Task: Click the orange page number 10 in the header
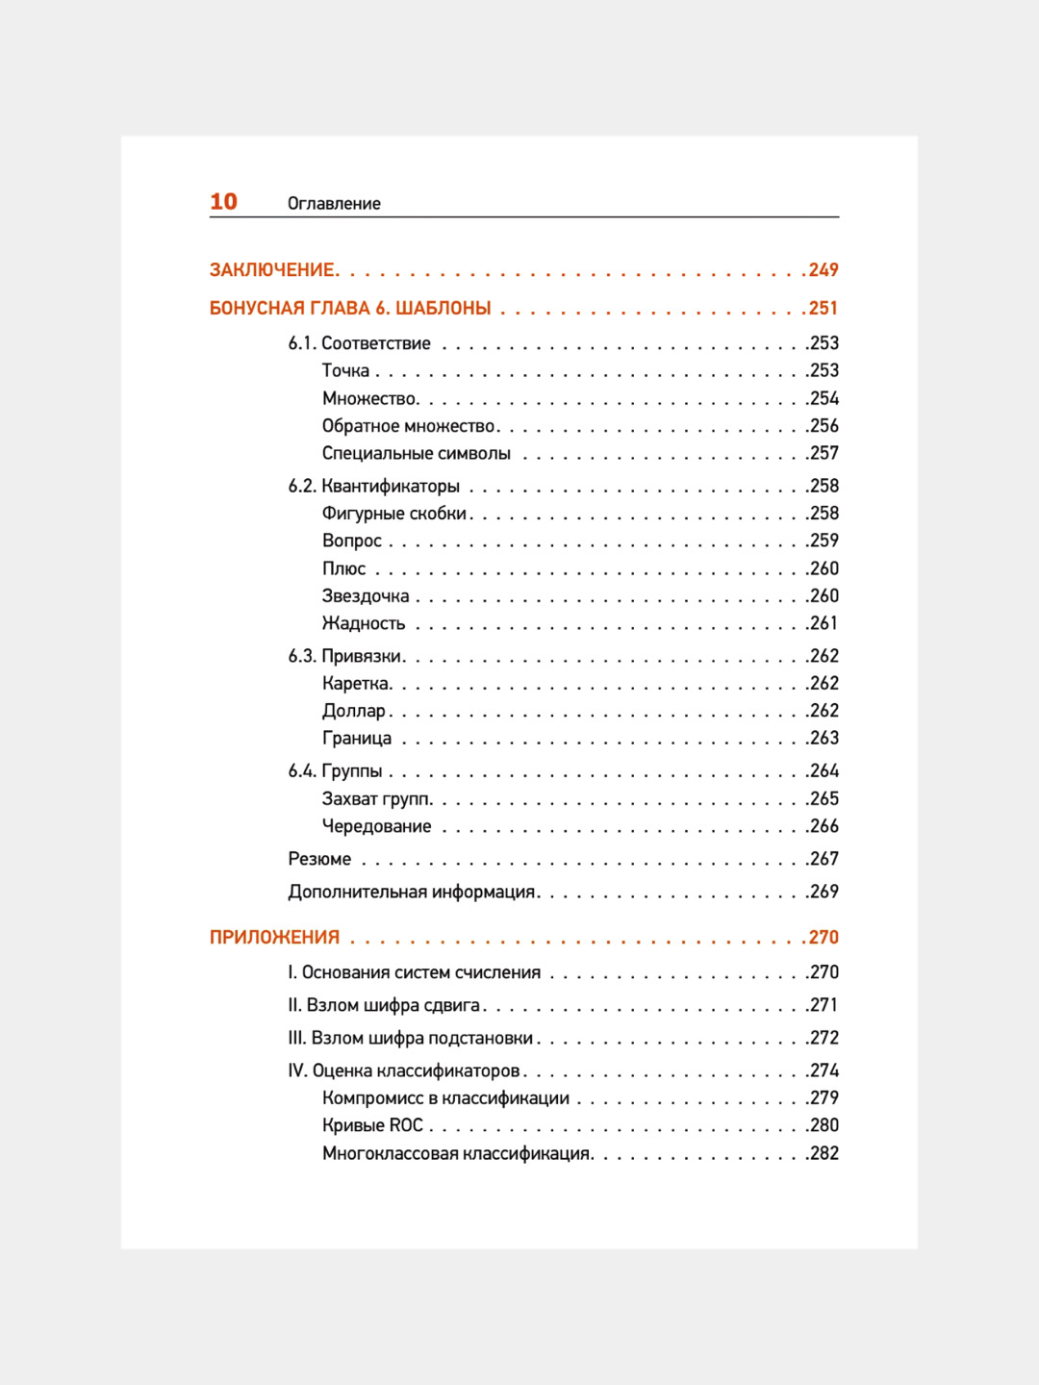pyautogui.click(x=223, y=202)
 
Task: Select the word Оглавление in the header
pyautogui.click(x=334, y=204)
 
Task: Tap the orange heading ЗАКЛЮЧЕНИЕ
pyautogui.click(x=273, y=270)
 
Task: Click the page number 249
pyautogui.click(x=824, y=270)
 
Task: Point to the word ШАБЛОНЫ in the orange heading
pyautogui.click(x=443, y=309)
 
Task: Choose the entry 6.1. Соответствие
pyautogui.click(x=360, y=343)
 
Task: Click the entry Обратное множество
pyautogui.click(x=409, y=426)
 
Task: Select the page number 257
pyautogui.click(x=824, y=453)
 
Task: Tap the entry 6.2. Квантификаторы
pyautogui.click(x=374, y=487)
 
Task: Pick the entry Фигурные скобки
pyautogui.click(x=394, y=514)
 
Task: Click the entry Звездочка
pyautogui.click(x=366, y=596)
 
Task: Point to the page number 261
pyautogui.click(x=824, y=623)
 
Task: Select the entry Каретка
pyautogui.click(x=356, y=684)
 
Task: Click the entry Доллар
pyautogui.click(x=354, y=711)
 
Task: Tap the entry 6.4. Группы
pyautogui.click(x=336, y=771)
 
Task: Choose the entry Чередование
pyautogui.click(x=377, y=826)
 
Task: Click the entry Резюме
pyautogui.click(x=319, y=859)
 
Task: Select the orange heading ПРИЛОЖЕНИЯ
pyautogui.click(x=275, y=938)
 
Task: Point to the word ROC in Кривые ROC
pyautogui.click(x=406, y=1125)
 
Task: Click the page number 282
pyautogui.click(x=824, y=1153)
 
